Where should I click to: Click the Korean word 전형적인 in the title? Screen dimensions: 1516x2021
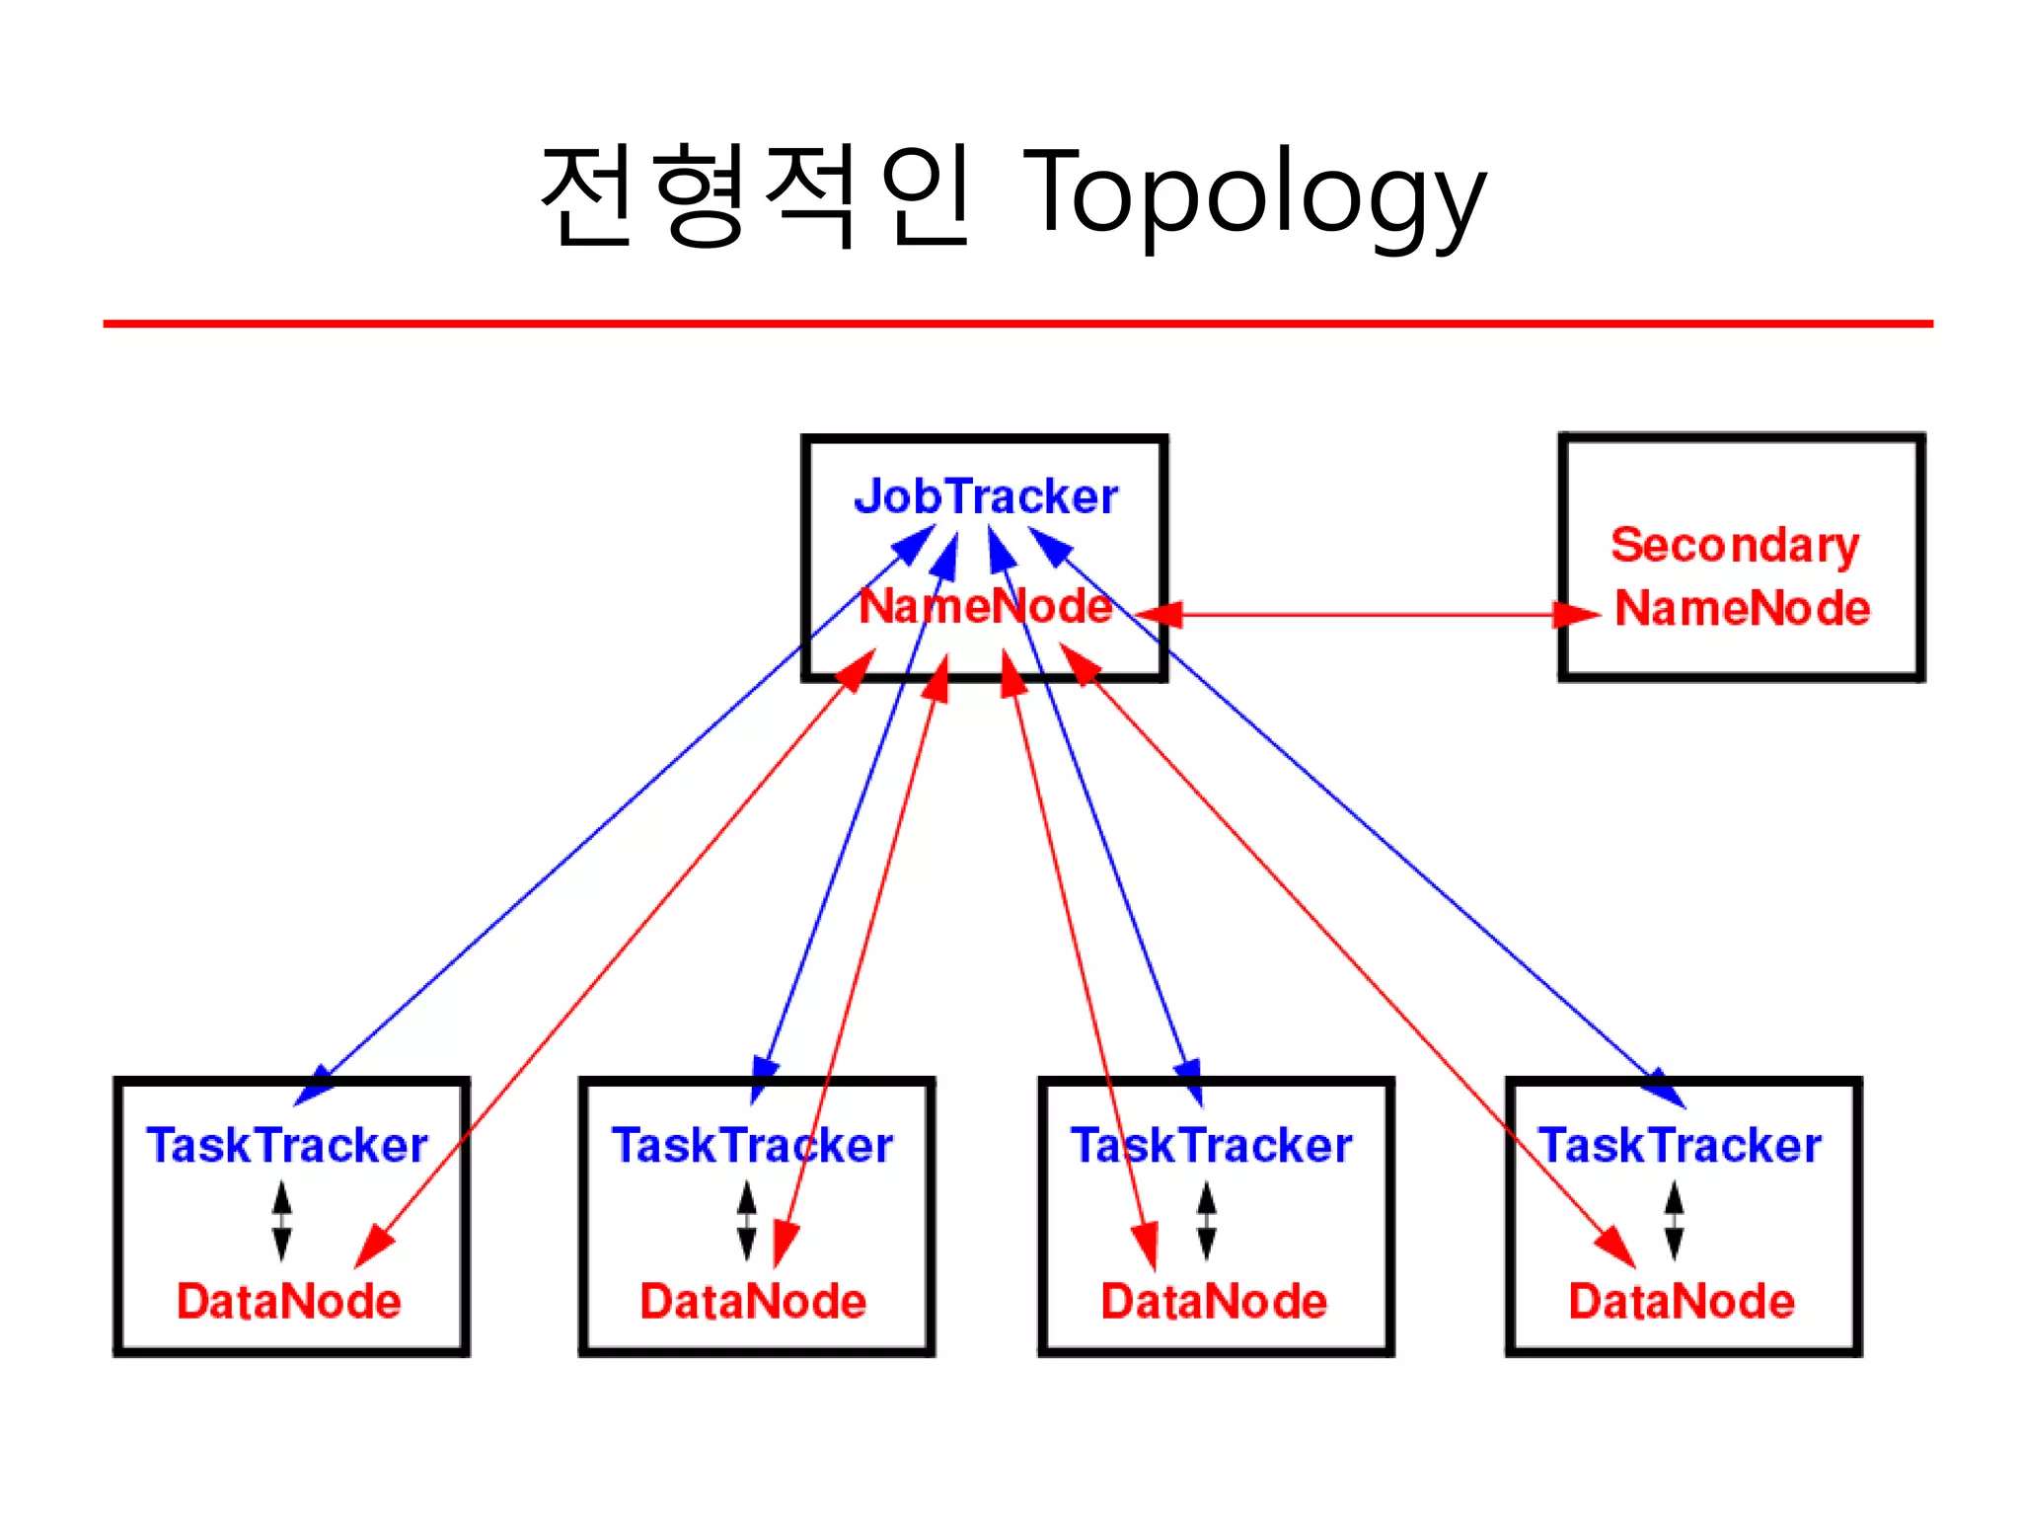pyautogui.click(x=756, y=194)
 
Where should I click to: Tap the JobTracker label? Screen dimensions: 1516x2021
pyautogui.click(x=986, y=495)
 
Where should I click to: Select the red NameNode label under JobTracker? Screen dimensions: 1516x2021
pyautogui.click(x=985, y=606)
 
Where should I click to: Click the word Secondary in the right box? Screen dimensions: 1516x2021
pyautogui.click(x=1735, y=546)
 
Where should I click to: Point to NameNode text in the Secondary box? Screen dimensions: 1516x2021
pyautogui.click(x=1743, y=608)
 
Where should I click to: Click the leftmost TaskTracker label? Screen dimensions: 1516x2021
pyautogui.click(x=287, y=1146)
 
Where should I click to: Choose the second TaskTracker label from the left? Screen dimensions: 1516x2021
pyautogui.click(x=753, y=1146)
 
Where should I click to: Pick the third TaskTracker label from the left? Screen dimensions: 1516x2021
pyautogui.click(x=1212, y=1146)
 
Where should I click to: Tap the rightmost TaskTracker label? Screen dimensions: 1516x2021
pyautogui.click(x=1680, y=1146)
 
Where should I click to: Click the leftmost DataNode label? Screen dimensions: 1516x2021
pyautogui.click(x=289, y=1301)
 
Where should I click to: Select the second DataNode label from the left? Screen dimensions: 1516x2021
pyautogui.click(x=753, y=1301)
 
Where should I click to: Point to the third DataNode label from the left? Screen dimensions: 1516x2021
pyautogui.click(x=1214, y=1301)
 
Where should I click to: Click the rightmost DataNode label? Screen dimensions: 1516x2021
pyautogui.click(x=1682, y=1301)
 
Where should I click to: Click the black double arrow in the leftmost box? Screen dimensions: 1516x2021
pyautogui.click(x=282, y=1221)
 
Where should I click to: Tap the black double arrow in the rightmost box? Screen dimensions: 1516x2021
pyautogui.click(x=1674, y=1221)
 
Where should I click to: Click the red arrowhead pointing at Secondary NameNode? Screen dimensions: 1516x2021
pyautogui.click(x=1577, y=615)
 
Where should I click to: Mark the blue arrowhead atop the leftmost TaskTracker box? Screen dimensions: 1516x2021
pyautogui.click(x=316, y=1086)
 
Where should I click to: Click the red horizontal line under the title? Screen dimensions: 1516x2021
pyautogui.click(x=1016, y=323)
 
